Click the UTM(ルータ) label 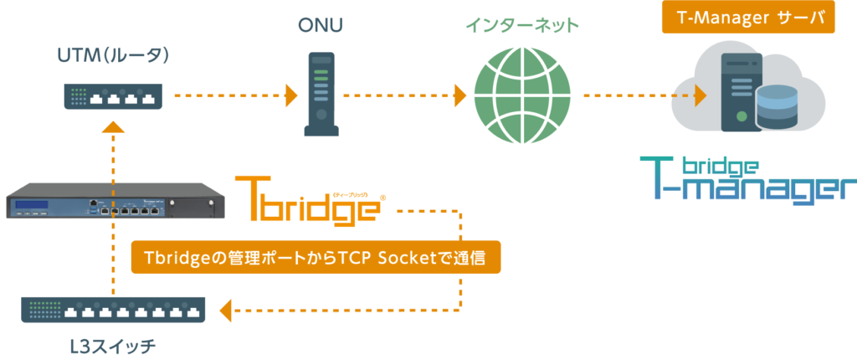click(114, 56)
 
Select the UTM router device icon click(112, 96)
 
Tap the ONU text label click(320, 26)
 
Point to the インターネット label click(521, 26)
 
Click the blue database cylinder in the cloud click(777, 107)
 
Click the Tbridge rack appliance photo click(115, 202)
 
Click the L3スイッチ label click(114, 344)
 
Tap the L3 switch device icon click(114, 310)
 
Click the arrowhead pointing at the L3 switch click(225, 311)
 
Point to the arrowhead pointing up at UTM click(115, 126)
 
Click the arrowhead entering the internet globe click(460, 95)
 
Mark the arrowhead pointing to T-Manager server click(700, 95)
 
